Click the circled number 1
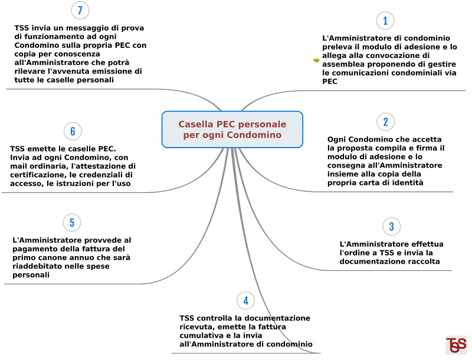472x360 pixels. [x=385, y=21]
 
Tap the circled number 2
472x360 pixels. [x=386, y=122]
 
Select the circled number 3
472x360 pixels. [x=391, y=227]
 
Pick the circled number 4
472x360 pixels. [x=245, y=300]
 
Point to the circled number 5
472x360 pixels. [x=72, y=222]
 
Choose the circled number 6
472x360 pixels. [x=73, y=131]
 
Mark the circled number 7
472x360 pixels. [x=80, y=10]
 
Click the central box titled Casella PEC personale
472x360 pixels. [x=232, y=129]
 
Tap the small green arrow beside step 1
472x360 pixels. [x=316, y=60]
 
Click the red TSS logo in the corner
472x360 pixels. [x=456, y=345]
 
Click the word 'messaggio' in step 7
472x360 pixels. [x=87, y=28]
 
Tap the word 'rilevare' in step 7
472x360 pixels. [x=28, y=71]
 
